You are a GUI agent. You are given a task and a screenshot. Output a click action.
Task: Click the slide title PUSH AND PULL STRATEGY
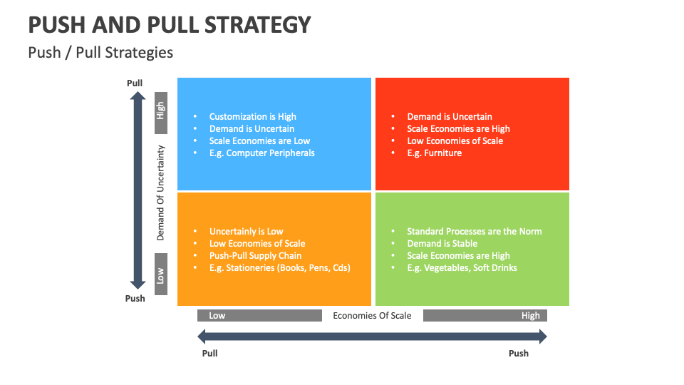170,25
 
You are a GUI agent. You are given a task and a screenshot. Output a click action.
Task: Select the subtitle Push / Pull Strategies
100,53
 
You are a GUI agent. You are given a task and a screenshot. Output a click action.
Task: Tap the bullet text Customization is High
252,117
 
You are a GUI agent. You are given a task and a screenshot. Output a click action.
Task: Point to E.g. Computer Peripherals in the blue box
261,153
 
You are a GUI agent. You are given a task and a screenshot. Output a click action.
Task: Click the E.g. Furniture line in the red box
434,153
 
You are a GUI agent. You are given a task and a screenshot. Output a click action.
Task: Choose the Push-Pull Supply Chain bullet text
255,256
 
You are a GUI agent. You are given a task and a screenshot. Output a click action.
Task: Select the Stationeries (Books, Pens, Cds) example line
279,268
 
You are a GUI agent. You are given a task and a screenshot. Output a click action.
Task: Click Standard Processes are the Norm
474,232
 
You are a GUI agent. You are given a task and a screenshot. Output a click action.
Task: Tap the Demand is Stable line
442,244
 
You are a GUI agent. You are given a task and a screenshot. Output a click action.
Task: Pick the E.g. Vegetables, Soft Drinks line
462,268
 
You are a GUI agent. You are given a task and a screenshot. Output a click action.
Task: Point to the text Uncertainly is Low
246,232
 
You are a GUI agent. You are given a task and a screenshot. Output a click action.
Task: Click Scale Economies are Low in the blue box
259,141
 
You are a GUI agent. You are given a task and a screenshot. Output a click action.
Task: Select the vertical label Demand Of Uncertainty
161,192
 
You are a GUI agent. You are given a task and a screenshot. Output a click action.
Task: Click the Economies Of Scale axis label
372,316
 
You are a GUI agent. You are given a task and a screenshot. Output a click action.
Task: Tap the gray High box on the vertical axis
161,112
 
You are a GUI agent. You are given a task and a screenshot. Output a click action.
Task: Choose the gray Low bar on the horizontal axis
259,316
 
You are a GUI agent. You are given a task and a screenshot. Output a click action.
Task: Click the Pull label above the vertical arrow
135,83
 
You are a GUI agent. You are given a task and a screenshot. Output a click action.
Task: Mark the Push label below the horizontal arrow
519,354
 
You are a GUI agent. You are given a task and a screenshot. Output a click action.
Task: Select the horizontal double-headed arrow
372,336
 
